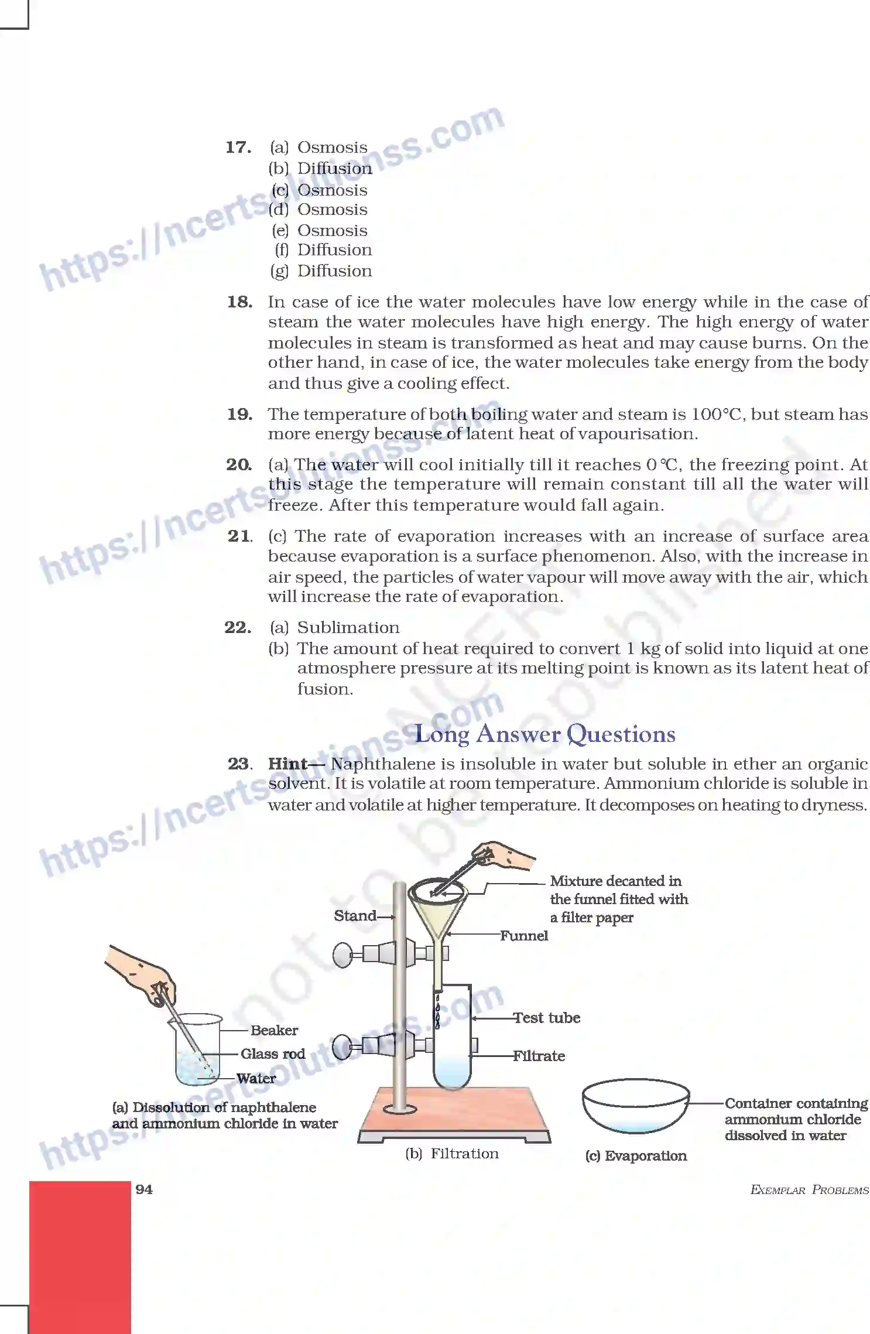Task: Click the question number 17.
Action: [238, 147]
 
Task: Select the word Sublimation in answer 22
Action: [348, 627]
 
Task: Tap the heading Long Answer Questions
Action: [544, 734]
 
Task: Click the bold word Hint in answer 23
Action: [287, 764]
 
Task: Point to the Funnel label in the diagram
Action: [523, 935]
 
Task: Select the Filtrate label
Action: [539, 1056]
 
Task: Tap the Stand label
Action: [355, 915]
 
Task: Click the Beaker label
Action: [274, 1030]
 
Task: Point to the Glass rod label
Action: [273, 1053]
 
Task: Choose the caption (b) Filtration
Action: [452, 1153]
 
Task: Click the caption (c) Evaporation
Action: [636, 1155]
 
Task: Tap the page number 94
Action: [144, 1189]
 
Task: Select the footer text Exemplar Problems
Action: [809, 1190]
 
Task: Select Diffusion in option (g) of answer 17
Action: [334, 271]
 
